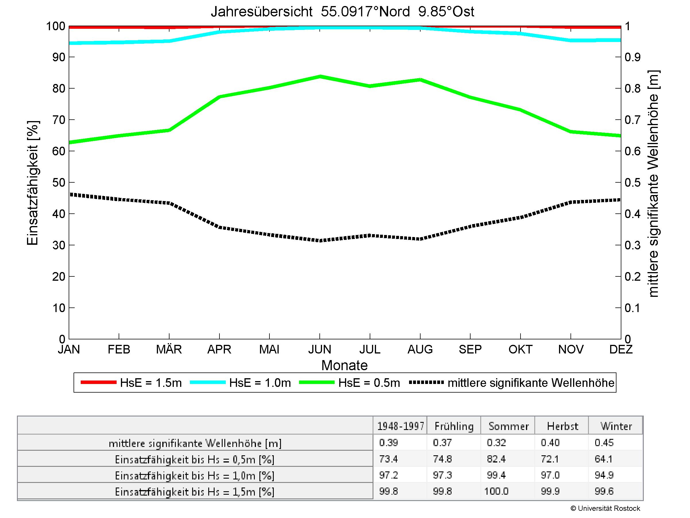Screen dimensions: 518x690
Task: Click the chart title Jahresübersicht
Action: click(342, 12)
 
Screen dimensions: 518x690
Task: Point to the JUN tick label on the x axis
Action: click(320, 349)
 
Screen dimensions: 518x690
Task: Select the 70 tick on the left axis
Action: click(58, 120)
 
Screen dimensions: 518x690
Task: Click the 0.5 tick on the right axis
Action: click(632, 183)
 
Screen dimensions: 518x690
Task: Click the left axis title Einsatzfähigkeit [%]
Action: click(32, 183)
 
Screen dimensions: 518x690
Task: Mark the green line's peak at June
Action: click(320, 77)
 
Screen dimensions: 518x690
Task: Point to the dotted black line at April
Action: click(219, 228)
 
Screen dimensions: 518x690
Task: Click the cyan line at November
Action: click(571, 41)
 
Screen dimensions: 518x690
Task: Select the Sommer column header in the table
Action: click(508, 426)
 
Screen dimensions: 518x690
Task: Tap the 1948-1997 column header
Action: click(400, 426)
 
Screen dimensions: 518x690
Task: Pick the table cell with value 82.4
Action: click(496, 459)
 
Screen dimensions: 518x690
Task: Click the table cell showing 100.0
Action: click(496, 492)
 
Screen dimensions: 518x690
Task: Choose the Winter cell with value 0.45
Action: click(604, 443)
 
